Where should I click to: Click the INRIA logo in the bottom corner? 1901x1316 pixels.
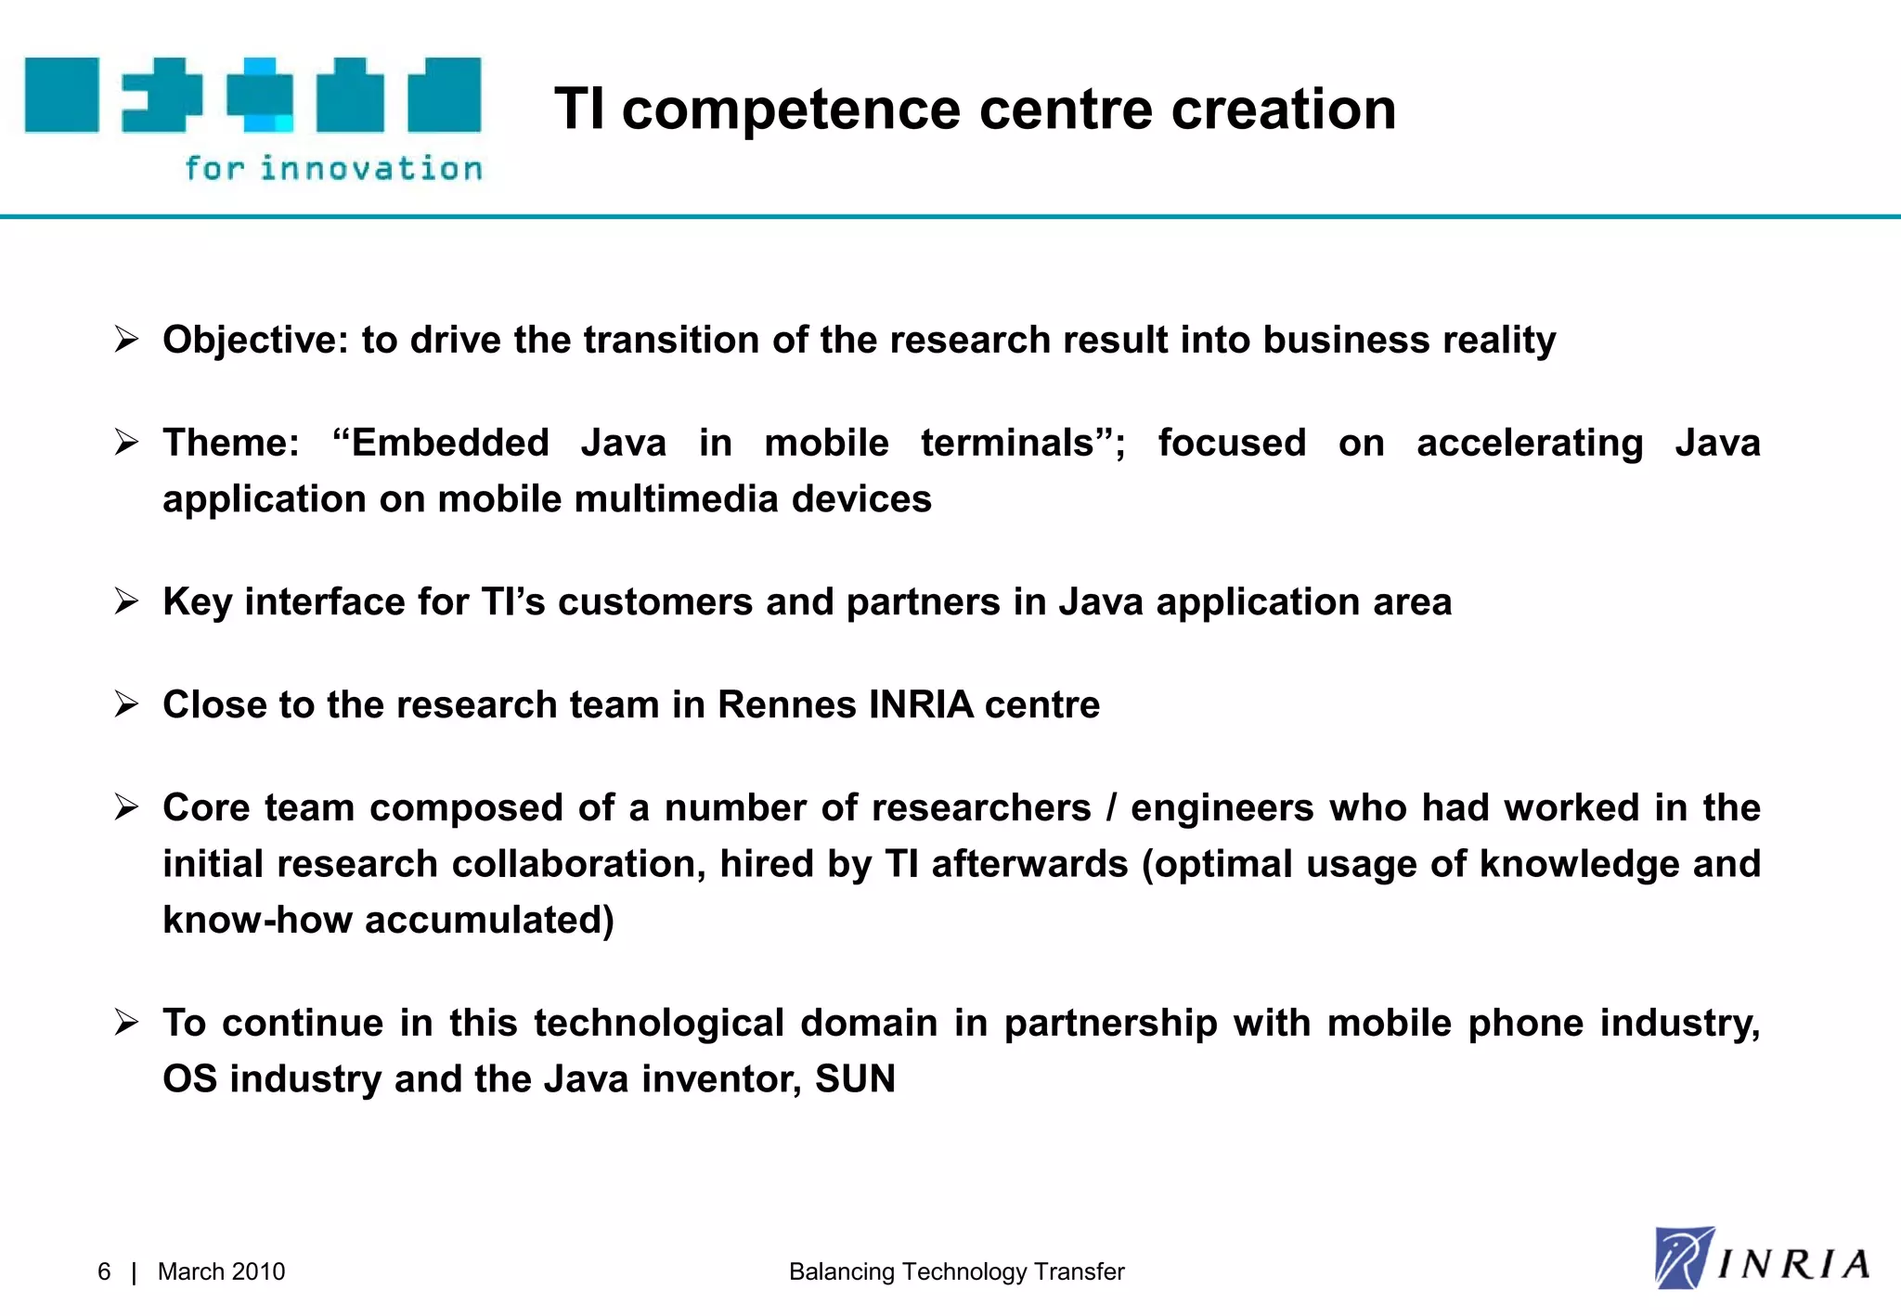pyautogui.click(x=1762, y=1259)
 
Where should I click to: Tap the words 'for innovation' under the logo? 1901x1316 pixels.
pyautogui.click(x=333, y=168)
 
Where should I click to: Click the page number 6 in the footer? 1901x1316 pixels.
pyautogui.click(x=104, y=1271)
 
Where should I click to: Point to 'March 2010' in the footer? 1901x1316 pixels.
pyautogui.click(x=221, y=1271)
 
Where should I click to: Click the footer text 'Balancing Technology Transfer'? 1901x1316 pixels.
pyautogui.click(x=956, y=1271)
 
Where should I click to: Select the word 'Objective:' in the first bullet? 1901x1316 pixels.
pyautogui.click(x=254, y=341)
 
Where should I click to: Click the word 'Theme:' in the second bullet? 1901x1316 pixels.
pyautogui.click(x=231, y=443)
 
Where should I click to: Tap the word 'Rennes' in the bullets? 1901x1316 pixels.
pyautogui.click(x=787, y=704)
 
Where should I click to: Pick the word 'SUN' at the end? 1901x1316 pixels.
pyautogui.click(x=855, y=1078)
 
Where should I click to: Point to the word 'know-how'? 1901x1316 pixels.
pyautogui.click(x=257, y=920)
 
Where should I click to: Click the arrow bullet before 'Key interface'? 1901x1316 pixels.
pyautogui.click(x=126, y=601)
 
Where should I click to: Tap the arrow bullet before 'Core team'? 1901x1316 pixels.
pyautogui.click(x=126, y=807)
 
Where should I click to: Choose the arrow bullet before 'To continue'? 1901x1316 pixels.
pyautogui.click(x=126, y=1023)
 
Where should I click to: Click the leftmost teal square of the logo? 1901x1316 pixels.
pyautogui.click(x=61, y=95)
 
